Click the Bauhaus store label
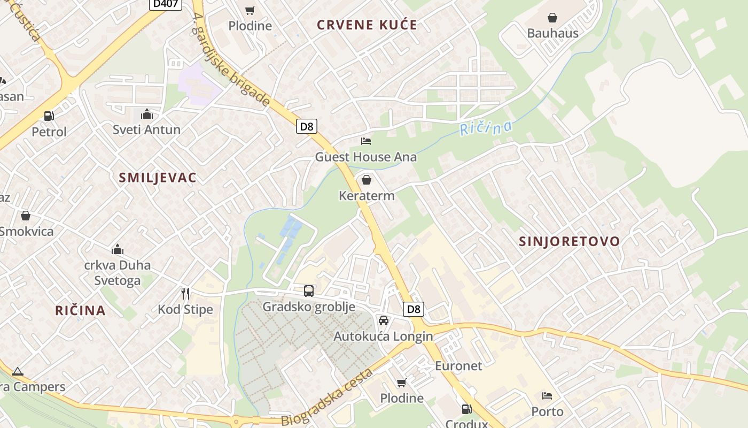click(552, 33)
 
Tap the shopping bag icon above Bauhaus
click(552, 18)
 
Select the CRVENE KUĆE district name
click(367, 25)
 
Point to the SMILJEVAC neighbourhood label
click(158, 178)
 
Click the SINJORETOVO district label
click(570, 241)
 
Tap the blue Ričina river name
click(486, 128)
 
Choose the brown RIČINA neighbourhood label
click(80, 310)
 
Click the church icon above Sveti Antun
click(146, 114)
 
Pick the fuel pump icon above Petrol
click(49, 116)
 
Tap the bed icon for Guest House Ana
click(366, 141)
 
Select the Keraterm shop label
click(367, 196)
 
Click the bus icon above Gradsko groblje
click(309, 291)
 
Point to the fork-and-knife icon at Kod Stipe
click(185, 293)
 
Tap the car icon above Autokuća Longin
click(383, 320)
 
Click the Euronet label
click(458, 366)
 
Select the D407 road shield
click(165, 4)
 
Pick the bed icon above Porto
click(547, 396)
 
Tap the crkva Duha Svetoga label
click(118, 273)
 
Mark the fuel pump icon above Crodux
click(466, 409)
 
